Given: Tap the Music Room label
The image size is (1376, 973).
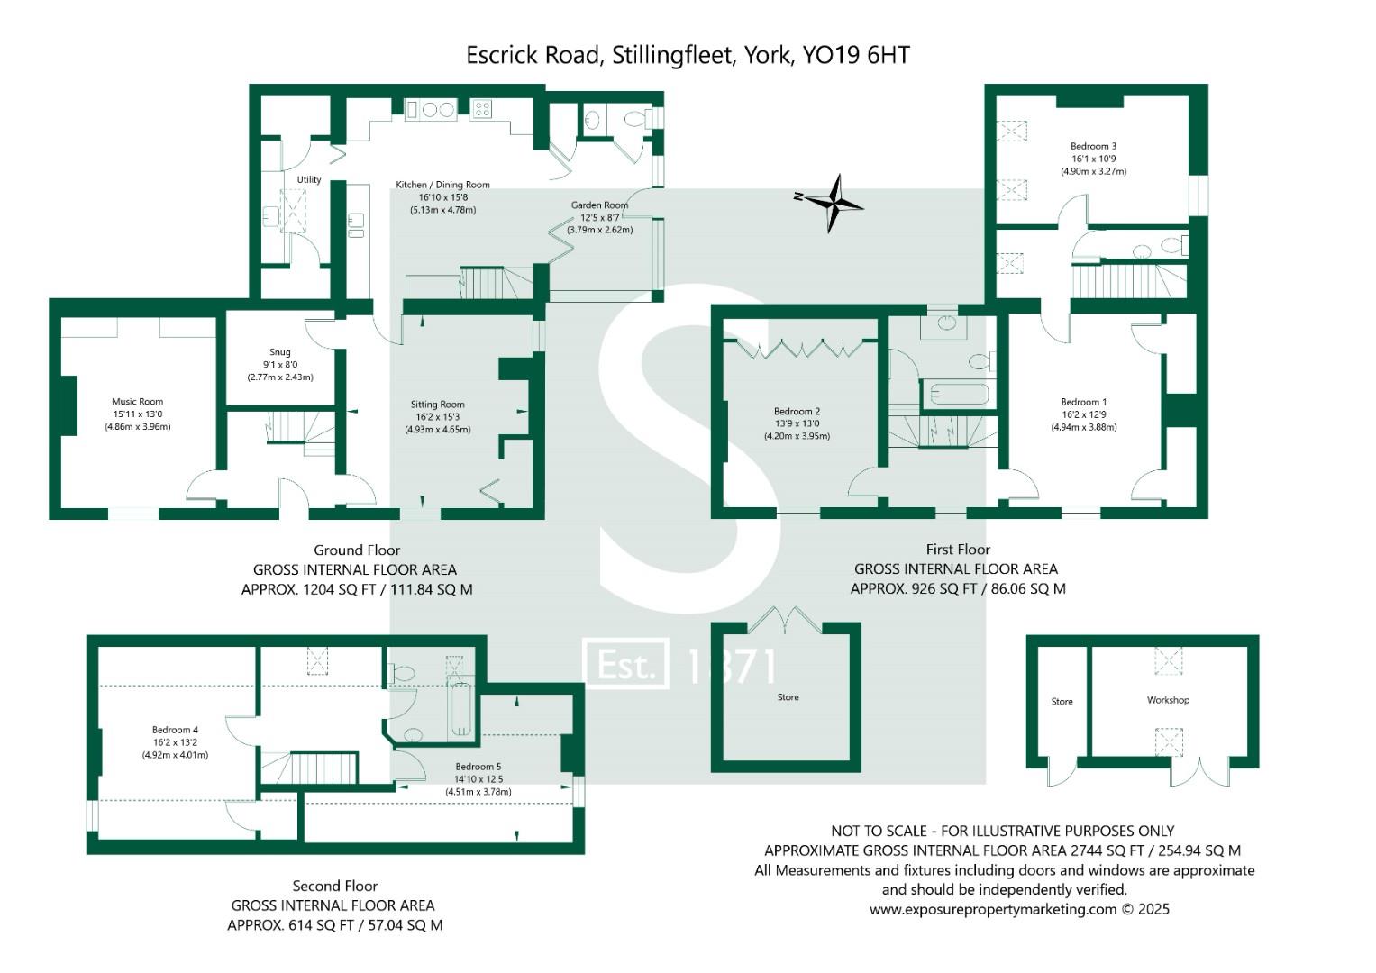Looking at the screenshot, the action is [x=138, y=402].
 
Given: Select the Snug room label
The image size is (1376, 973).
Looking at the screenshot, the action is [x=280, y=352].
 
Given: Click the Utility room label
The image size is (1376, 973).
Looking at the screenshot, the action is [x=309, y=179].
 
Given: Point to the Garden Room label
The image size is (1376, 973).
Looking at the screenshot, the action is [x=599, y=205].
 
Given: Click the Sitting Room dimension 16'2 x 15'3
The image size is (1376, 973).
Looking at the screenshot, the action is [x=437, y=417].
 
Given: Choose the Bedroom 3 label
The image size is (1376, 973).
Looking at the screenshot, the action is [x=1093, y=146].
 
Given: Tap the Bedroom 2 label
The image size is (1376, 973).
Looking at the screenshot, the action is [x=797, y=412].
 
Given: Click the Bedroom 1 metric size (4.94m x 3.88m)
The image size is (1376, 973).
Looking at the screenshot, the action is [x=1084, y=427].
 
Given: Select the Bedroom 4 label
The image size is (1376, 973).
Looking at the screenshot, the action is [x=175, y=730].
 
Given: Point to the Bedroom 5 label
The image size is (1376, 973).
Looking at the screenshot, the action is [x=478, y=767].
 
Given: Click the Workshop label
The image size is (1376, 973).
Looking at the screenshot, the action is [x=1168, y=700].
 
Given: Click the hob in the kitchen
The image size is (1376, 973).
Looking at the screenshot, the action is [x=482, y=110].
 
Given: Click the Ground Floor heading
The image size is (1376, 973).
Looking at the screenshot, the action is [x=357, y=550].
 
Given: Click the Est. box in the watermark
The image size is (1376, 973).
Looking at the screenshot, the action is [x=625, y=663].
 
